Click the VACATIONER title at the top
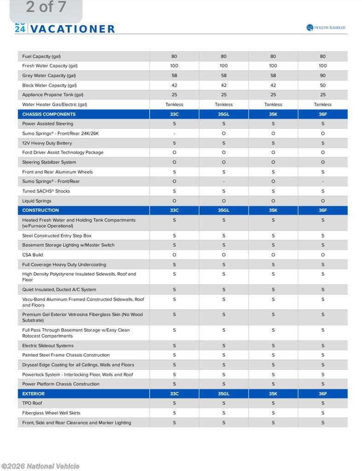pos(72,29)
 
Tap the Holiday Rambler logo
pos(326,28)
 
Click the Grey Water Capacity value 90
pos(322,75)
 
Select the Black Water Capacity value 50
pos(322,85)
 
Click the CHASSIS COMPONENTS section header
pos(49,114)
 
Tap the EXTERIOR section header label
pos(34,394)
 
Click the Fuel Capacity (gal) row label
pos(41,57)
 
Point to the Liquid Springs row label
pos(37,201)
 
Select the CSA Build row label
pos(33,255)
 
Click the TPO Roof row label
pos(32,403)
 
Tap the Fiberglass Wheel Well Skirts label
pos(51,413)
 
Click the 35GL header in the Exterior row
pos(223,394)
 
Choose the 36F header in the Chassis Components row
pos(322,114)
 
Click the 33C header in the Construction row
pos(174,210)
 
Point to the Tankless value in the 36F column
pos(322,104)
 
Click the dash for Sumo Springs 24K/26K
pos(174,133)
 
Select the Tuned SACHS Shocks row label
pos(46,191)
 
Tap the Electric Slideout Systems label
pos(48,346)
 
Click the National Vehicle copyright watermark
pos(40,466)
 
